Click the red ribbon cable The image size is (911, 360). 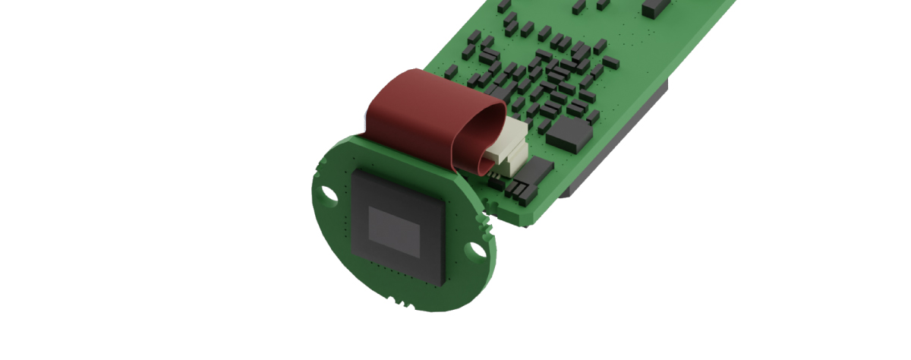pos(425,114)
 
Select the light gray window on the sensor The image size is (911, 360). pos(394,232)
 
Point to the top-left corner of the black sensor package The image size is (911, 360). pos(355,172)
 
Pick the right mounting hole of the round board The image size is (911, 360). pos(477,248)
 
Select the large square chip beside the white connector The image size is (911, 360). pos(569,133)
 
